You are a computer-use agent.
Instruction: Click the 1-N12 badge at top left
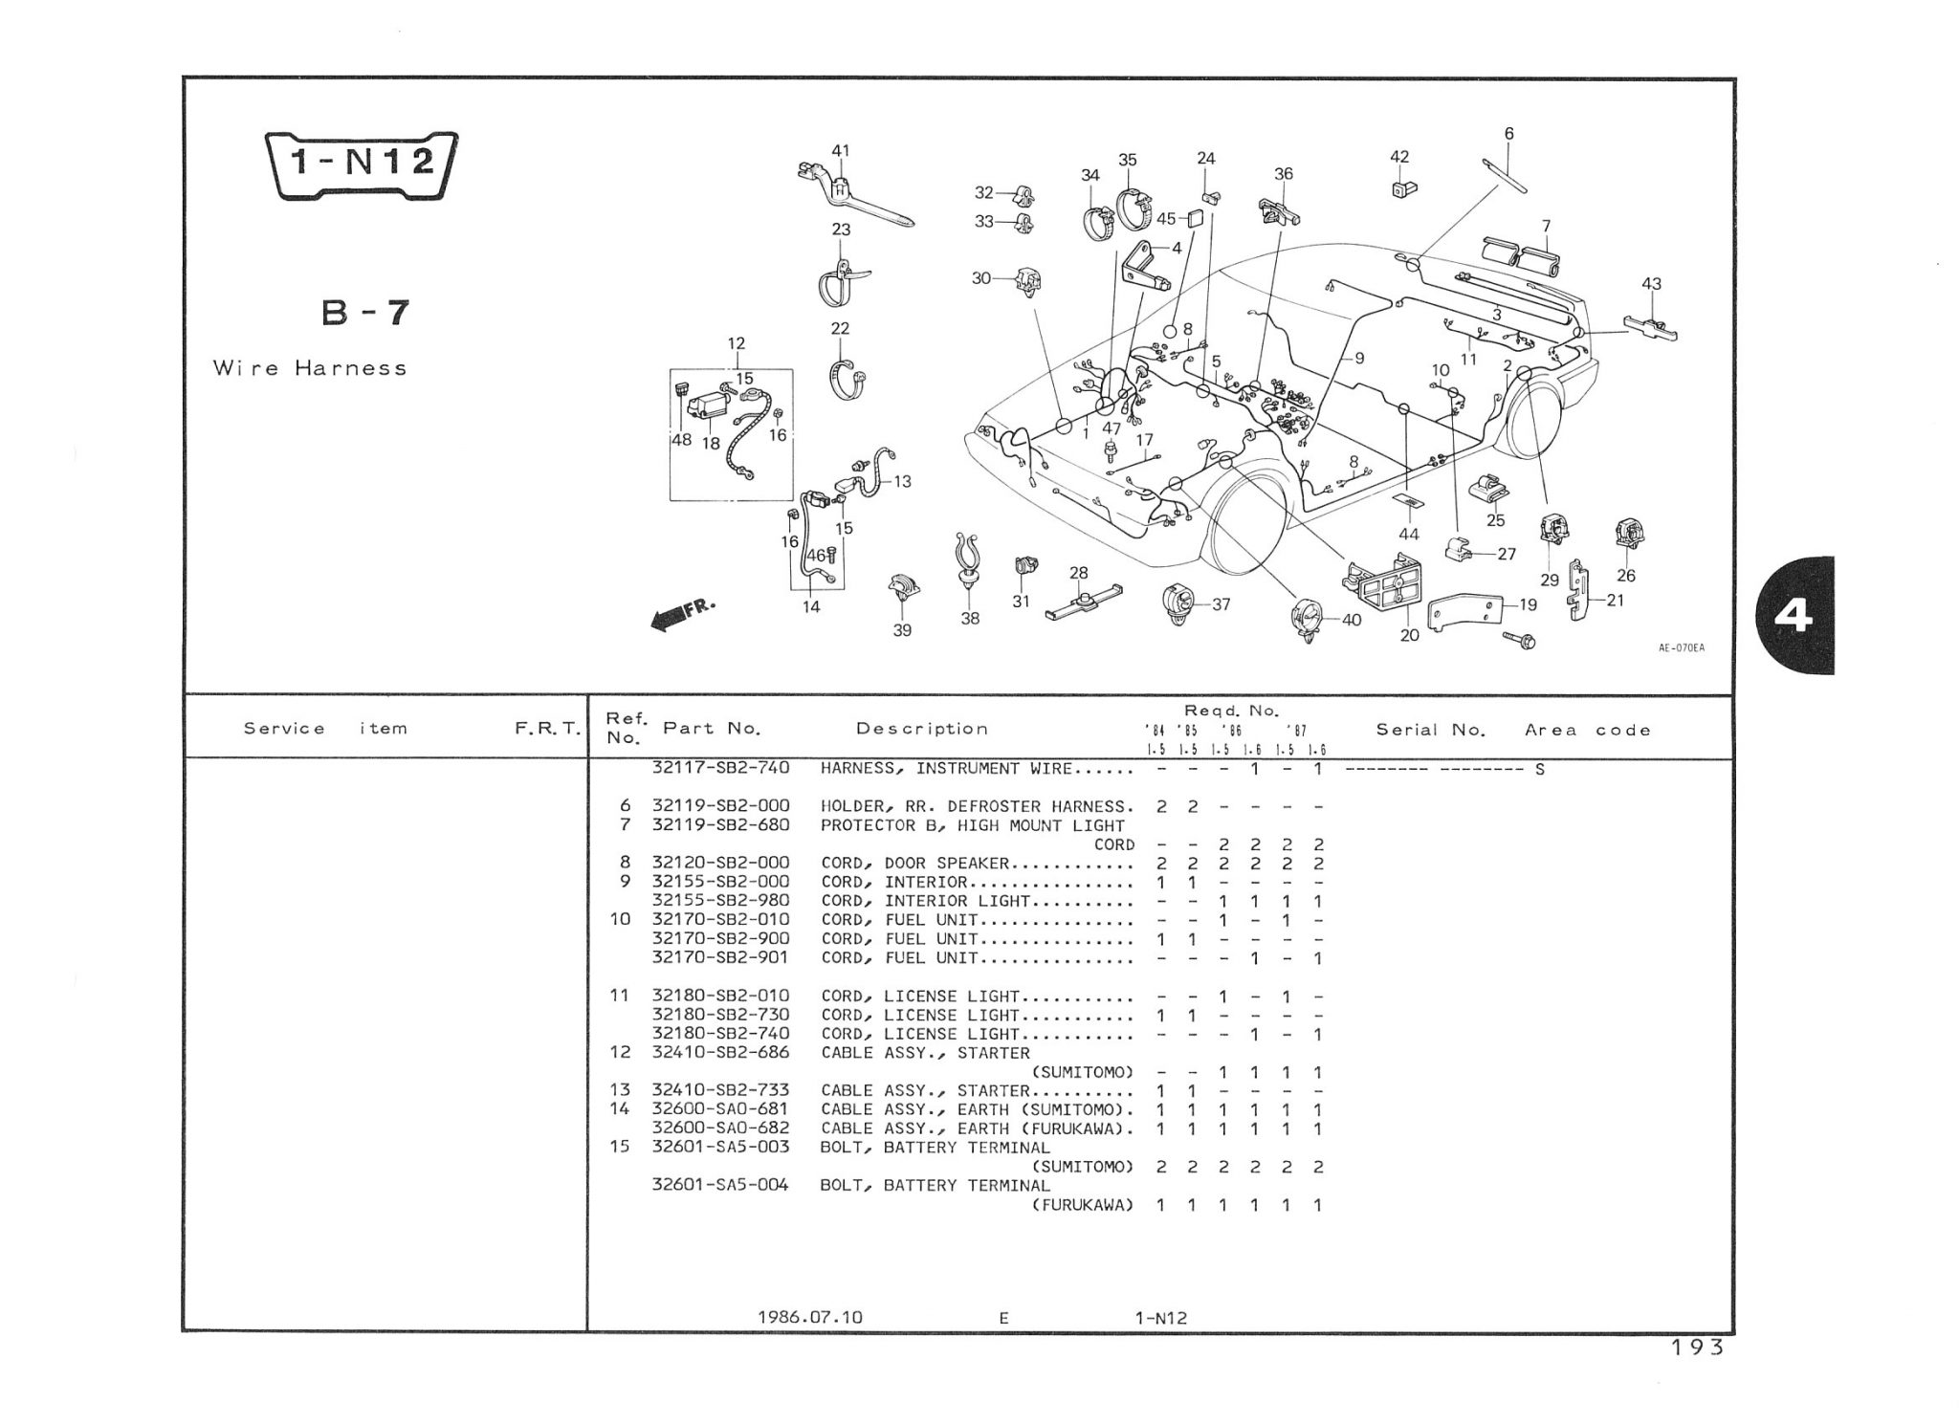coord(361,164)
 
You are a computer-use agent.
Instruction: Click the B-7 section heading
coord(365,313)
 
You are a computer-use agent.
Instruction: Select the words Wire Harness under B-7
coord(310,368)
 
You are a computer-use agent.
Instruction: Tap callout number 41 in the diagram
coord(840,151)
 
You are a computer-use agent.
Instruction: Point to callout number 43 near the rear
coord(1651,284)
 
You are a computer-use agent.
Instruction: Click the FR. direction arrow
coord(681,614)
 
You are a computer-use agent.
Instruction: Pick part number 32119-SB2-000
coord(720,806)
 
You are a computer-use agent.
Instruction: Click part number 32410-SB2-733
coord(720,1090)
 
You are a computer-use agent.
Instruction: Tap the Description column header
coord(921,729)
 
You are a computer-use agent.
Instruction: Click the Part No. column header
coord(712,729)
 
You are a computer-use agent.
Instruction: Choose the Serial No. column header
coord(1430,730)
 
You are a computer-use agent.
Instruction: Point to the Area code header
coord(1587,730)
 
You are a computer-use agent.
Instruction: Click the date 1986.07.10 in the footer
coord(809,1317)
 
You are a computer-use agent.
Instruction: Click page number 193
coord(1697,1347)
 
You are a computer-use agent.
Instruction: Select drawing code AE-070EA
coord(1681,647)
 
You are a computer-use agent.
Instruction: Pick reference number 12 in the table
coord(620,1052)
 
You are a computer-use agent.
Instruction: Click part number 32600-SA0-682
coord(720,1128)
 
